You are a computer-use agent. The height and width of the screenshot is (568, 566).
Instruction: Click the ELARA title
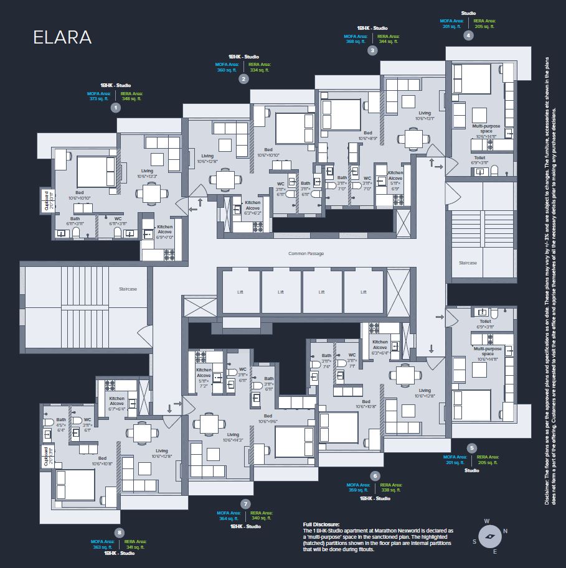pos(62,37)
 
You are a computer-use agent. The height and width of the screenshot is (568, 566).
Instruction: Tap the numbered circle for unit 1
pos(115,108)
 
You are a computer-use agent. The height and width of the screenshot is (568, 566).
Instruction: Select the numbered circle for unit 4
pos(468,35)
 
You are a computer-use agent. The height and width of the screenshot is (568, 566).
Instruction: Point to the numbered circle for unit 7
pos(246,503)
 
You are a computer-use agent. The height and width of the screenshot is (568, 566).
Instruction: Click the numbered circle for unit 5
pos(471,447)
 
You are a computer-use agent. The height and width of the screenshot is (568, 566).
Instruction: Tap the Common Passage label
pos(306,254)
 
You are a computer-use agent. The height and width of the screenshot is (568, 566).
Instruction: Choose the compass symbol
pos(489,536)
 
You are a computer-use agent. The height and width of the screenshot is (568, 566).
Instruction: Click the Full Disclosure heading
pos(321,524)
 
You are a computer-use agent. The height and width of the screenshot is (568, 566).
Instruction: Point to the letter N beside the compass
pos(505,531)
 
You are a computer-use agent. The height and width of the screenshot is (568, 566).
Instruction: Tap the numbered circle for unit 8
pos(120,532)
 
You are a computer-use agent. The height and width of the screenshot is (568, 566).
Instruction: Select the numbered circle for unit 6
pos(374,476)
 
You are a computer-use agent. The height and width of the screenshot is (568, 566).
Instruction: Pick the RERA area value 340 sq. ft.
pos(261,518)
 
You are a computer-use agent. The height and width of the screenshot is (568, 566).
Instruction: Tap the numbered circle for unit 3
pos(372,51)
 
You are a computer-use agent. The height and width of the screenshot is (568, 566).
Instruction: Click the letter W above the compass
pos(487,521)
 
